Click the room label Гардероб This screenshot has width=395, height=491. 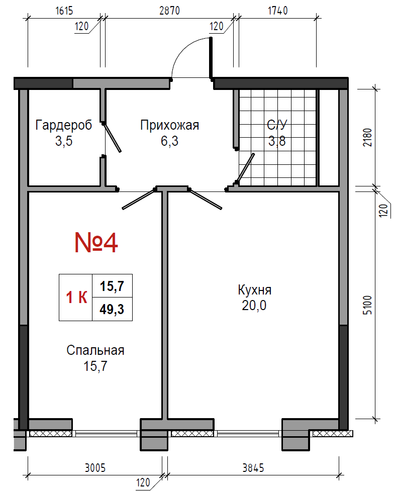64,125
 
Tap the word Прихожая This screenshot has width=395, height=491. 169,125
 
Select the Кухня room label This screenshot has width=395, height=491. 254,289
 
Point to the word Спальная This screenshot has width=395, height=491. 95,350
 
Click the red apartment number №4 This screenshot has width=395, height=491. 96,243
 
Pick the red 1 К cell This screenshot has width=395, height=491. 76,298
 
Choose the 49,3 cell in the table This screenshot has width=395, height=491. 112,310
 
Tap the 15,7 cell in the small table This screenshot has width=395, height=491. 112,286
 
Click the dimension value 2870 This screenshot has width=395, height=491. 169,11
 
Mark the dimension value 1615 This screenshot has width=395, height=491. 64,11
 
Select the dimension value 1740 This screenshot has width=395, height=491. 278,11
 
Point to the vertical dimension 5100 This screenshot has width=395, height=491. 367,305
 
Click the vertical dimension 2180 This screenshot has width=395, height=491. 367,137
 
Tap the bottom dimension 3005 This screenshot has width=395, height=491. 95,468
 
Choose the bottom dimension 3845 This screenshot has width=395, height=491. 253,468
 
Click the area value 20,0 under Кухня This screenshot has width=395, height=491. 254,306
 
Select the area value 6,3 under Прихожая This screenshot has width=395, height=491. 169,141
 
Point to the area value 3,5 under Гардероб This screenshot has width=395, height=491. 64,141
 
